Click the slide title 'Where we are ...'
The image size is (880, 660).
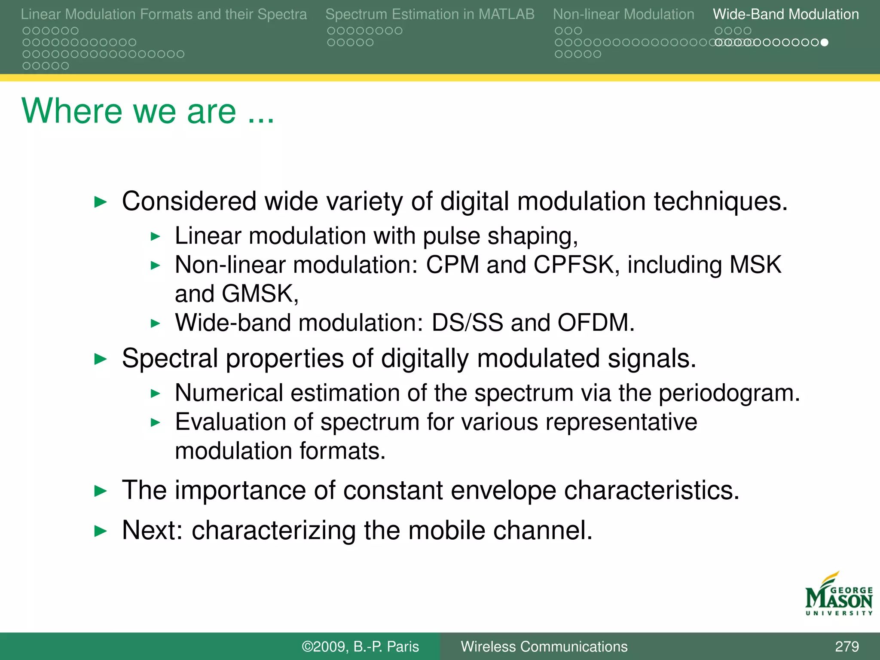coord(147,111)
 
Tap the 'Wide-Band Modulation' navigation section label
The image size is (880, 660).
coord(785,14)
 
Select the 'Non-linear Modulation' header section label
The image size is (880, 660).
coord(623,14)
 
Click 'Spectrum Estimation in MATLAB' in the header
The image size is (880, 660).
coord(430,14)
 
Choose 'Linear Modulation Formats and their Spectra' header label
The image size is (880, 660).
coord(164,14)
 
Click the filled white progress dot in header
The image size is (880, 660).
coord(824,42)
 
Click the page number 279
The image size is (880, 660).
coord(846,646)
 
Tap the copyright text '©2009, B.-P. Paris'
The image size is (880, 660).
coord(360,646)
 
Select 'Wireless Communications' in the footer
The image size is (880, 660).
coord(544,646)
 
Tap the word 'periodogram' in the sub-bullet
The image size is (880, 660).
coord(729,394)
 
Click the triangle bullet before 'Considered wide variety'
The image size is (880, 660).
coord(100,202)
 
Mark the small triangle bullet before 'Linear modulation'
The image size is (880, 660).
coord(156,236)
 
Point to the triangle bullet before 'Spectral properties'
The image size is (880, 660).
coord(100,359)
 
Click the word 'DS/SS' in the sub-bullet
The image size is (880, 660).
coord(467,323)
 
